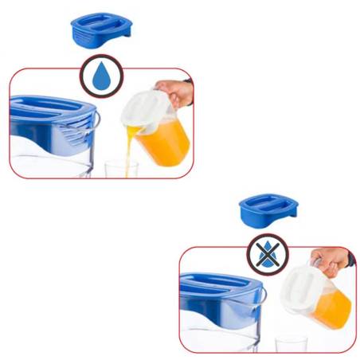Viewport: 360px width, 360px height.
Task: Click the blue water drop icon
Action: (100, 76)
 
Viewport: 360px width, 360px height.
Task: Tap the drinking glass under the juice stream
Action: (121, 169)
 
